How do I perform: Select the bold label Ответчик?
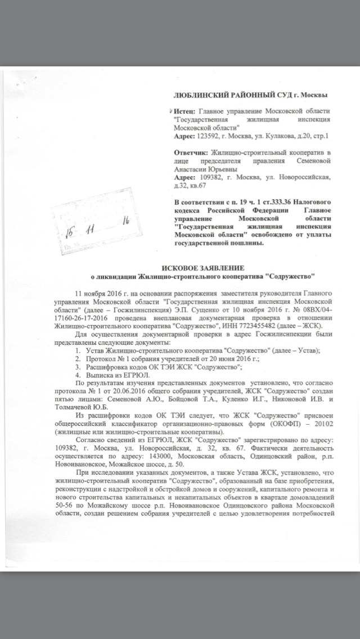coord(191,152)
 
